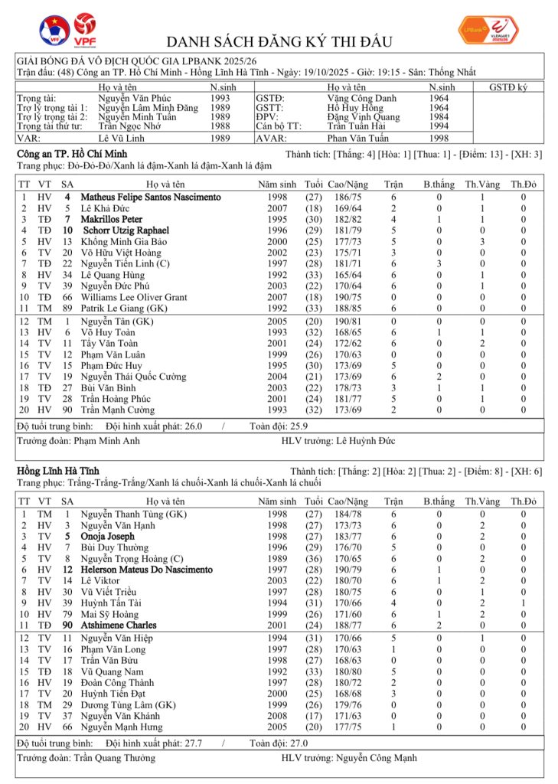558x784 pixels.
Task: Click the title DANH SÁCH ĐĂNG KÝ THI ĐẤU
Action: (x=279, y=41)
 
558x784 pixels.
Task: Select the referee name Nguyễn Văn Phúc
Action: (x=134, y=99)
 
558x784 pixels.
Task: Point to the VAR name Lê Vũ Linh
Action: (x=122, y=139)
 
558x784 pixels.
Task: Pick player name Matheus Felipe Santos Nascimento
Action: (x=151, y=198)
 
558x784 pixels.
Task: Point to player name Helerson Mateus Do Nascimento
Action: (x=146, y=570)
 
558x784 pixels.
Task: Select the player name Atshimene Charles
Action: (x=119, y=626)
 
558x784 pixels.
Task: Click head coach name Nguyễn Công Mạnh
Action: (x=376, y=758)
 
